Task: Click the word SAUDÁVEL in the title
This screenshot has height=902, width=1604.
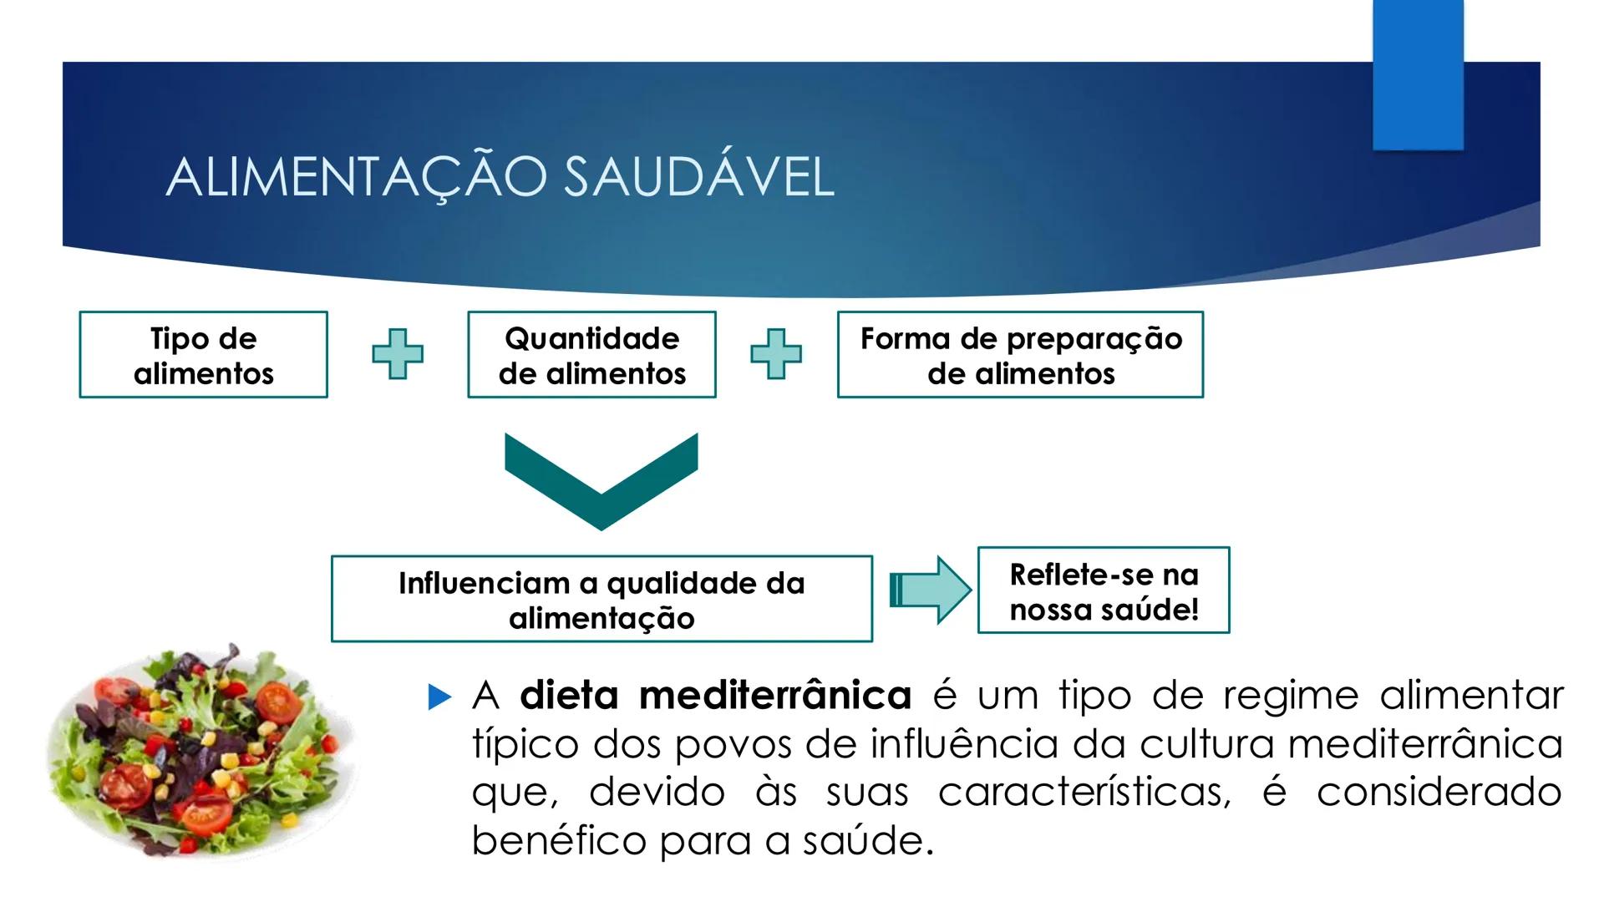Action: pyautogui.click(x=698, y=177)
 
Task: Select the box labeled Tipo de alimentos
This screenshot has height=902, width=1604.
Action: pyautogui.click(x=204, y=355)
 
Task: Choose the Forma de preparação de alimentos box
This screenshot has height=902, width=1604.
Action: pyautogui.click(x=1020, y=355)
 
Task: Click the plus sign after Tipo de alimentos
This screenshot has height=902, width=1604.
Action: pyautogui.click(x=398, y=354)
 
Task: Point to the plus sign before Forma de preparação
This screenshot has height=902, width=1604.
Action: pyautogui.click(x=776, y=354)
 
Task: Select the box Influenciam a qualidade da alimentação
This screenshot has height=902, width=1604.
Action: pyautogui.click(x=601, y=599)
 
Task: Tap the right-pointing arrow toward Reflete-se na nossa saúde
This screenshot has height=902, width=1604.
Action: pyautogui.click(x=930, y=590)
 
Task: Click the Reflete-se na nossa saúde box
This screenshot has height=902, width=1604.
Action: pyautogui.click(x=1104, y=590)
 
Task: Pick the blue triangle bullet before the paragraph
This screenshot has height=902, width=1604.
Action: pyautogui.click(x=439, y=697)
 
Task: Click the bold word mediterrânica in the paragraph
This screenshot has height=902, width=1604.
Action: pyautogui.click(x=774, y=696)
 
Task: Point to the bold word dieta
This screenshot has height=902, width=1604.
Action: pyautogui.click(x=569, y=696)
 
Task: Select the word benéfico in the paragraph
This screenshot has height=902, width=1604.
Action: pyautogui.click(x=557, y=840)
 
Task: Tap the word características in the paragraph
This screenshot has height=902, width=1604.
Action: pyautogui.click(x=1084, y=792)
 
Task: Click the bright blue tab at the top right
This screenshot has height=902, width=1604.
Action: pyautogui.click(x=1418, y=75)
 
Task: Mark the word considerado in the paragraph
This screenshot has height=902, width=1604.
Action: pyautogui.click(x=1439, y=792)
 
